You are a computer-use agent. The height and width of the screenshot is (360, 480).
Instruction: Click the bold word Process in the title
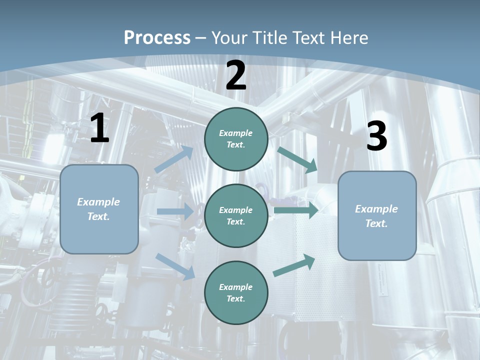pos(157,38)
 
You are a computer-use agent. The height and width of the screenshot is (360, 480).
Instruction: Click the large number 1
pos(99,128)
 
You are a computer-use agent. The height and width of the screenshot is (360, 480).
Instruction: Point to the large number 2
pos(236,76)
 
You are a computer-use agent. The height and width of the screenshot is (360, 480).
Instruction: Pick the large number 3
pos(376,136)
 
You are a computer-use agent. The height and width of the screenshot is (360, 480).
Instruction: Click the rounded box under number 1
pos(99,209)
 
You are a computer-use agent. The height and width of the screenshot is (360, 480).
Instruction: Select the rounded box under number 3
pos(377,215)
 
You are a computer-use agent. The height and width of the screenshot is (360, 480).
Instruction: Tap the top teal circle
pos(236,139)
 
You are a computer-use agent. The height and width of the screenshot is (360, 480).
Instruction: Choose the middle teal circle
pos(236,215)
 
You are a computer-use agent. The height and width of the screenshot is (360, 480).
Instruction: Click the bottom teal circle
pos(236,292)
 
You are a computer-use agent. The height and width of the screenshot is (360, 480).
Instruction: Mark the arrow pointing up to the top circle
pos(174,159)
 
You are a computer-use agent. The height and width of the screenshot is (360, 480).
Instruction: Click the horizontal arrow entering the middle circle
pos(175,211)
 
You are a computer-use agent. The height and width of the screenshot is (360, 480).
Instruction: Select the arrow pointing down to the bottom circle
pos(175,266)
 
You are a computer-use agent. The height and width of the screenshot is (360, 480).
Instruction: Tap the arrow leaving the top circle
pos(297,159)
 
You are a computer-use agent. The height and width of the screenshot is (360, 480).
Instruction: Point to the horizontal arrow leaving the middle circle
pos(295,210)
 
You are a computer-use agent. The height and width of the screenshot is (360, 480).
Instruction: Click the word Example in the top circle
pos(236,133)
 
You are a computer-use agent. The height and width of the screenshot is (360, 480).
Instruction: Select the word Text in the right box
pos(376,223)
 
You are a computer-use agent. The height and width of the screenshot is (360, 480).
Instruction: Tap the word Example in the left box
pos(98,202)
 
